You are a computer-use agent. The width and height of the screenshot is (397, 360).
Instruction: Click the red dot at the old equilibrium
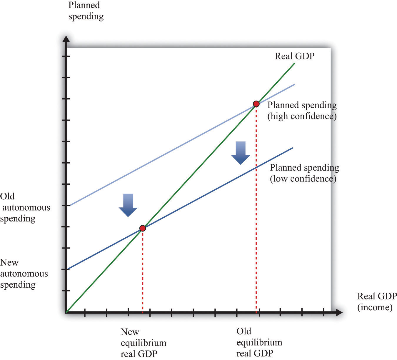pyautogui.click(x=256, y=104)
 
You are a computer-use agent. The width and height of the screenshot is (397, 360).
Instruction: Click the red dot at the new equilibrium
pyautogui.click(x=143, y=228)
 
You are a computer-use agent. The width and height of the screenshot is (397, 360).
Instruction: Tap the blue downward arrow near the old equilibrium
pyautogui.click(x=241, y=153)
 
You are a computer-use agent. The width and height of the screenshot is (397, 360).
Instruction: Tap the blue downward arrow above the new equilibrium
pyautogui.click(x=128, y=205)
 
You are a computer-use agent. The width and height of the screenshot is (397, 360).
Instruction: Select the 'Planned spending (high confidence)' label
pyautogui.click(x=302, y=111)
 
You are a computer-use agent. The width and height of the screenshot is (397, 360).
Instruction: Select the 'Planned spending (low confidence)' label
pyautogui.click(x=305, y=173)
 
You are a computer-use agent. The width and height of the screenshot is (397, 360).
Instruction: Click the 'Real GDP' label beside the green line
pyautogui.click(x=294, y=56)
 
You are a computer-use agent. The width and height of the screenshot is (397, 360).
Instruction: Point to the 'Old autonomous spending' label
pyautogui.click(x=25, y=208)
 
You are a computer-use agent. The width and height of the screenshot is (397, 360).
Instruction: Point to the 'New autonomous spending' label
pyautogui.click(x=24, y=274)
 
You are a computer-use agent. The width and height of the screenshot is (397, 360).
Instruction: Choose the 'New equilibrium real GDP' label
pyautogui.click(x=144, y=343)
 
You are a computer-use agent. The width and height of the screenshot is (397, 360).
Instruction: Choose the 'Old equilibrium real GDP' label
pyautogui.click(x=259, y=342)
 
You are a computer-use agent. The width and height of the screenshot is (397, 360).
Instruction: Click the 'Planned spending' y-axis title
pyautogui.click(x=86, y=11)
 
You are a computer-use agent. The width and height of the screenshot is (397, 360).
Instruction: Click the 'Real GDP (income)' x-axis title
pyautogui.click(x=377, y=301)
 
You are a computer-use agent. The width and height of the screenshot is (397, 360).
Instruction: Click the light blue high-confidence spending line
pyautogui.click(x=182, y=145)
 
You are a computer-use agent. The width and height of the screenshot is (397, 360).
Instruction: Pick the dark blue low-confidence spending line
pyautogui.click(x=180, y=208)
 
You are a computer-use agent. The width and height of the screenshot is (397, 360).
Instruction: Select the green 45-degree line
pyautogui.click(x=181, y=188)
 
